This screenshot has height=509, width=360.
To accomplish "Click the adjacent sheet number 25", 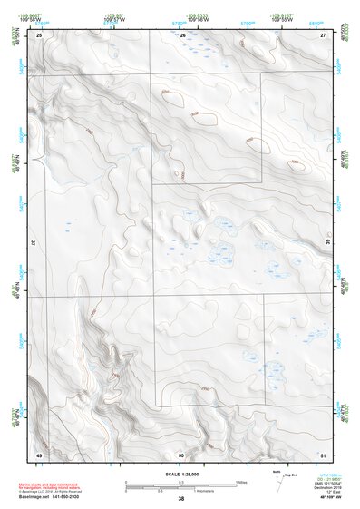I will (x=39, y=34).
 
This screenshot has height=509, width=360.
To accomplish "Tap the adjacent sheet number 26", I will (x=182, y=34).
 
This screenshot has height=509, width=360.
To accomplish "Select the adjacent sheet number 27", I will (x=323, y=34).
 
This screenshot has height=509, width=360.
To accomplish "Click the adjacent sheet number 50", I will (x=181, y=455).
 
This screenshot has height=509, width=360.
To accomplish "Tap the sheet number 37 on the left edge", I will (x=34, y=244).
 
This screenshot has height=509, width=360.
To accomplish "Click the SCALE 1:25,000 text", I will (x=180, y=475).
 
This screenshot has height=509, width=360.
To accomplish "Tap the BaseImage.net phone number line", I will (x=58, y=497).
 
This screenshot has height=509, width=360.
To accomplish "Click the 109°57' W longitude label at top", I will (x=112, y=19).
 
